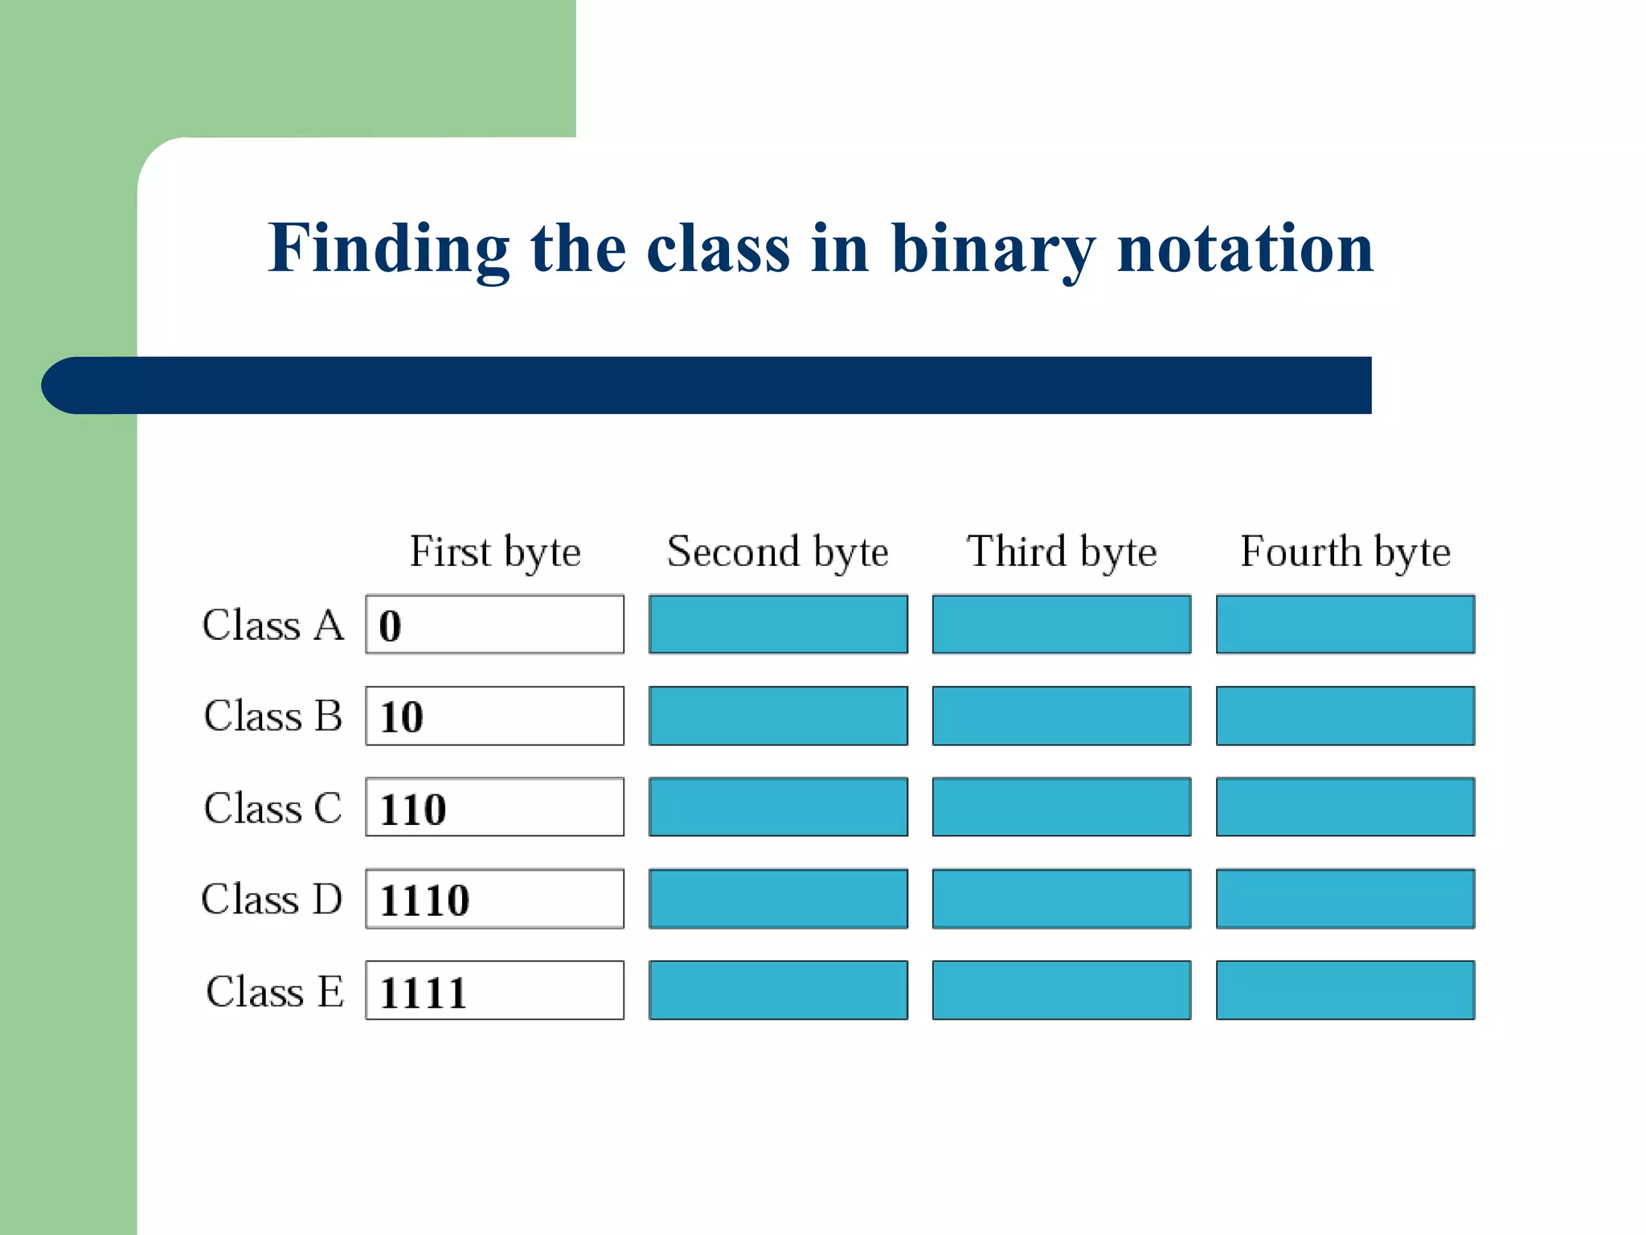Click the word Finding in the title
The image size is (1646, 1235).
pos(388,249)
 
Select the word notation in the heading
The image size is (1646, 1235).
pos(1245,249)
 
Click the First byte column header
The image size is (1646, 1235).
pos(495,552)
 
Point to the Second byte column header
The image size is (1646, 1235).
pos(778,552)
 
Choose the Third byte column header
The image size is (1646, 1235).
pos(1062,552)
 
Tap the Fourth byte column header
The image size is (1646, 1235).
pos(1345,552)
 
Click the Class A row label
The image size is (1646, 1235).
pos(273,625)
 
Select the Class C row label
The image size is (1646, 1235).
pos(273,807)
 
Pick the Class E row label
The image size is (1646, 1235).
pos(275,991)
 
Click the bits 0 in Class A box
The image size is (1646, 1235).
pos(390,626)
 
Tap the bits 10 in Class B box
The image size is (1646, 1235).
pos(401,717)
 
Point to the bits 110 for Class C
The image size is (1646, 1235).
pos(412,809)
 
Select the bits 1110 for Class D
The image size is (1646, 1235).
pos(424,900)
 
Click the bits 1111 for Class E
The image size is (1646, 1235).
pos(423,992)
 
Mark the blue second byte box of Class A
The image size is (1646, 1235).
pos(778,624)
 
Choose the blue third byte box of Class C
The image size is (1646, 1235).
pos(1062,806)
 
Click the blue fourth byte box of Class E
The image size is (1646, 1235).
pos(1345,990)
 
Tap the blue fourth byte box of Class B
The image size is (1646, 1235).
pos(1345,716)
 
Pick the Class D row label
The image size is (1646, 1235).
pos(272,899)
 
